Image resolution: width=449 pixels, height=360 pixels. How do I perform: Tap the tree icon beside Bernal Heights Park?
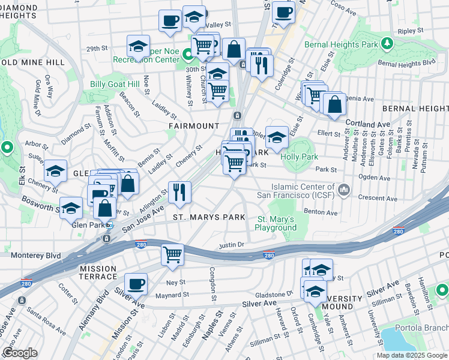click(x=388, y=43)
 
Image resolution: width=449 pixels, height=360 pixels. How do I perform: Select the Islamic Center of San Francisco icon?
click(x=343, y=191)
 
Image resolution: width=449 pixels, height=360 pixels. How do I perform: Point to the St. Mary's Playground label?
click(x=276, y=224)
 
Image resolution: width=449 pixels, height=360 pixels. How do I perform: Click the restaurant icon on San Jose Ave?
click(x=179, y=193)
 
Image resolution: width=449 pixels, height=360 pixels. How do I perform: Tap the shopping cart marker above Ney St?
click(x=172, y=255)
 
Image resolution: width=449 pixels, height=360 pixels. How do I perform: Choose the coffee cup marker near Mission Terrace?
click(x=136, y=284)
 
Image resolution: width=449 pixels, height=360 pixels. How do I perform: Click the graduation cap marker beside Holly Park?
click(x=277, y=138)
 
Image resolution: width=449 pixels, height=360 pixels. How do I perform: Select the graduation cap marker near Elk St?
click(x=56, y=172)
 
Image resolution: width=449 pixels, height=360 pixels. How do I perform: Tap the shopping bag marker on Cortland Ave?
click(x=335, y=104)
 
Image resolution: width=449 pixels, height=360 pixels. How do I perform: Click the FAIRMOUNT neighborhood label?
click(x=193, y=126)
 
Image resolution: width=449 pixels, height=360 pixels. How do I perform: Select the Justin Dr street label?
click(x=232, y=245)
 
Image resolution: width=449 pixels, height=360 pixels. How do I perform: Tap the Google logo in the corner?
click(x=20, y=353)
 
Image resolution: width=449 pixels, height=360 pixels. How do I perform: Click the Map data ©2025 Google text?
click(x=412, y=355)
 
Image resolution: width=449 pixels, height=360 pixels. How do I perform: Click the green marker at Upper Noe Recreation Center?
click(x=188, y=55)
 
